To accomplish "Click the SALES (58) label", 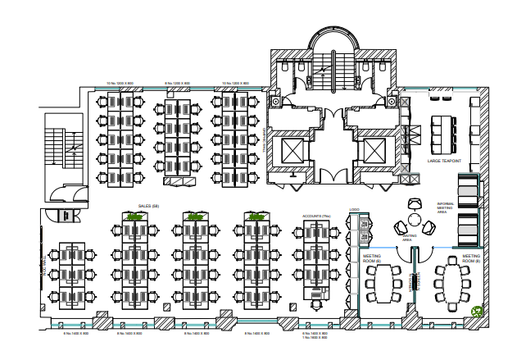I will tap(148, 207).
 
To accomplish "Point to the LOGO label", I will tap(354, 209).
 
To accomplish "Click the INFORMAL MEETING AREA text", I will tap(445, 207).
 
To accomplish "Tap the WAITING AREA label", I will tap(410, 238).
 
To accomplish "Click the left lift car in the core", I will tap(291, 151).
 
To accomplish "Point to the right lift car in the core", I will tap(372, 151).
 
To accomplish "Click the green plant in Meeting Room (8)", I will tap(477, 310).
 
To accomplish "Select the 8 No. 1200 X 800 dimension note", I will tap(177, 83).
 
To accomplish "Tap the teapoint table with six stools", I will tap(443, 130).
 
